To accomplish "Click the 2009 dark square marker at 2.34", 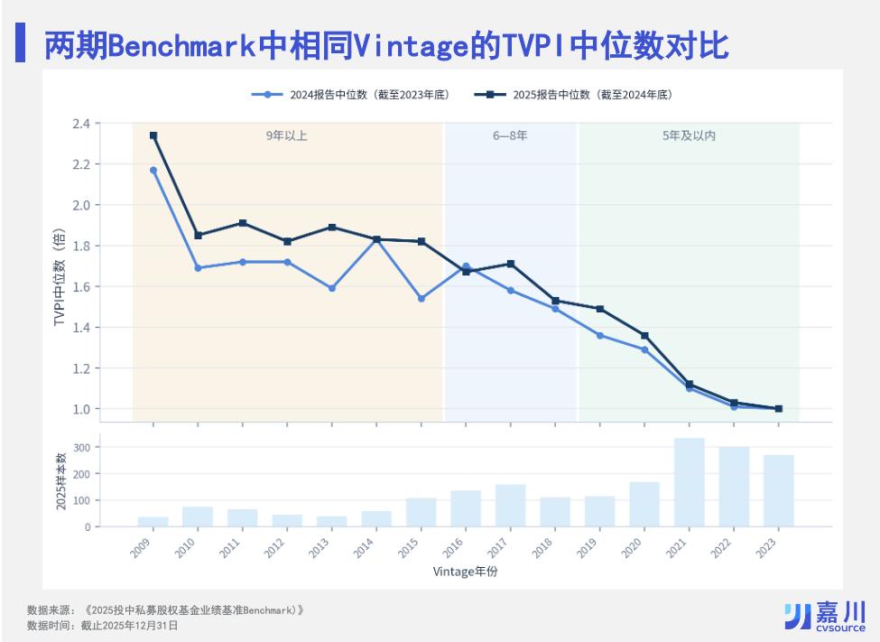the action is (x=153, y=135).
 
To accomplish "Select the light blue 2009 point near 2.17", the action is (x=153, y=170).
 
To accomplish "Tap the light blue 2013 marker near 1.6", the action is (x=331, y=288).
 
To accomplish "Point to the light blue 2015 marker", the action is (x=421, y=299).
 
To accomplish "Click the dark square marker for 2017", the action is (x=511, y=264).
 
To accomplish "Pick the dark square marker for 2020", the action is (x=644, y=336).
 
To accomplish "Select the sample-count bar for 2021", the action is (x=690, y=482).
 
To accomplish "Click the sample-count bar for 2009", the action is (x=153, y=522).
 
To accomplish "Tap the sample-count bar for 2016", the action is (x=466, y=509).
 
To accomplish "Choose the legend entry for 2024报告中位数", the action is (x=351, y=95).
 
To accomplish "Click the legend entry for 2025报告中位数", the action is (x=573, y=95).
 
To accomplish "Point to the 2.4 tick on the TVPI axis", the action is (x=81, y=123).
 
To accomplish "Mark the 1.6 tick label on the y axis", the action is (x=81, y=286).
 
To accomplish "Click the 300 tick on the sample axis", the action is (x=82, y=448).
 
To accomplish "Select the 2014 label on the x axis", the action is (x=364, y=547).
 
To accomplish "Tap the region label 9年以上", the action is (x=286, y=135).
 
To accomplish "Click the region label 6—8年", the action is (x=510, y=135).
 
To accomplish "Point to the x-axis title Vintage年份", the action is (x=465, y=572).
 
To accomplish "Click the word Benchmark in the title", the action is (x=181, y=45).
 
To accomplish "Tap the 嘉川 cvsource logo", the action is (x=825, y=616).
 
